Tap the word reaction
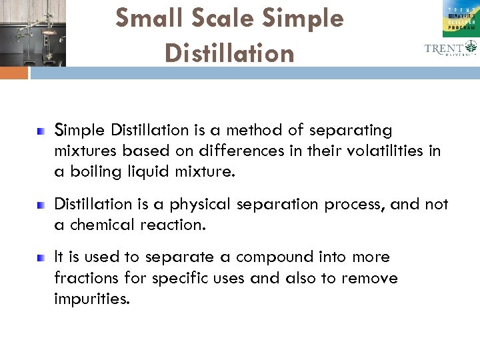pyautogui.click(x=177, y=225)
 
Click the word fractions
pyautogui.click(x=87, y=278)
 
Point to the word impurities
pyautogui.click(x=91, y=299)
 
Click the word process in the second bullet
pyautogui.click(x=354, y=204)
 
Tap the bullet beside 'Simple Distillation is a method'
pyautogui.click(x=41, y=129)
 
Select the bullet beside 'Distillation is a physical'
pyautogui.click(x=41, y=203)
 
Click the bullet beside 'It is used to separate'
pyautogui.click(x=41, y=257)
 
